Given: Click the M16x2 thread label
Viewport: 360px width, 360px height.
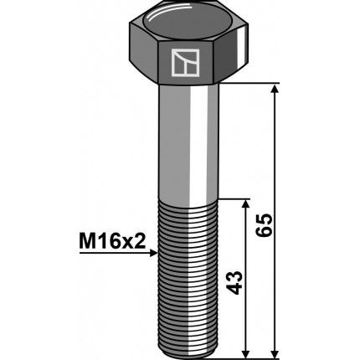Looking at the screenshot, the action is (113, 241).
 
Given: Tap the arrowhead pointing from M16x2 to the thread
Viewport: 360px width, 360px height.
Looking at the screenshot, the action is (154, 253).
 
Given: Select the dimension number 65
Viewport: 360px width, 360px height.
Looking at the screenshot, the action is (264, 225).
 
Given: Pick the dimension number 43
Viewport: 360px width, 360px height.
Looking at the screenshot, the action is (234, 282).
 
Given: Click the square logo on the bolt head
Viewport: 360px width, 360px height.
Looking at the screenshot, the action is (185, 63).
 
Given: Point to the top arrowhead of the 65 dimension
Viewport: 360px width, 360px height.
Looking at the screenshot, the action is (275, 89).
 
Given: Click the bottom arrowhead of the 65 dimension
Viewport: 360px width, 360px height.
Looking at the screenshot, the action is (275, 352).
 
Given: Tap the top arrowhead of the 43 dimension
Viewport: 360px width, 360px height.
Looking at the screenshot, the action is (245, 204).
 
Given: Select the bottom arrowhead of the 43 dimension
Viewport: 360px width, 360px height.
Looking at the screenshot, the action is (245, 352).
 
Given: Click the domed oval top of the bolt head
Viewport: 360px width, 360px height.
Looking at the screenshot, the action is (187, 21).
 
